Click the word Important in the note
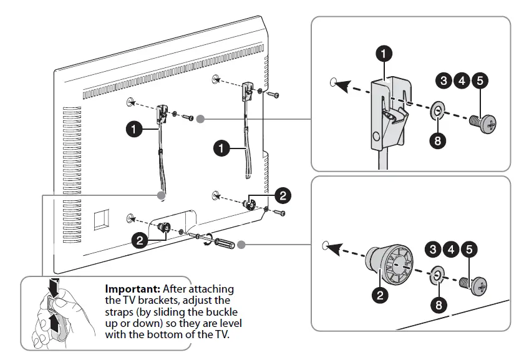(x=132, y=289)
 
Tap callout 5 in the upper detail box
(x=479, y=80)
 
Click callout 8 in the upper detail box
(x=437, y=140)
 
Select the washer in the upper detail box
(x=437, y=112)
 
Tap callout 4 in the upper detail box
(x=461, y=80)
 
